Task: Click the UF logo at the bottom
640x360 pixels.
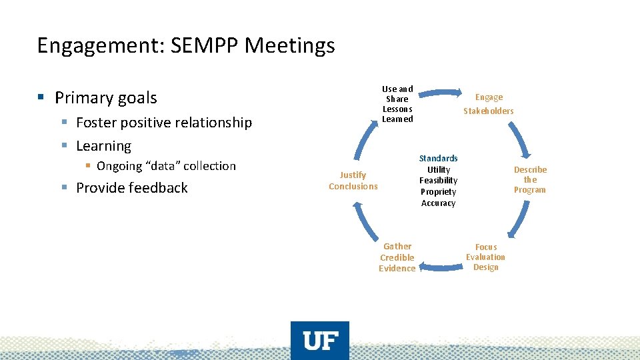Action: point(320,341)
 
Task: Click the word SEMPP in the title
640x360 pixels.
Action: point(208,45)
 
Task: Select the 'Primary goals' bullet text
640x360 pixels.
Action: point(106,98)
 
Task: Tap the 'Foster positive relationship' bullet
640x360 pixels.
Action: point(164,123)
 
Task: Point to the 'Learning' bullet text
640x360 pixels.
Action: point(103,146)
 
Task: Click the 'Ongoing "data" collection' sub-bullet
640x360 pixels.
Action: point(166,166)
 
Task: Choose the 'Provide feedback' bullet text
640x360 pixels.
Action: point(132,188)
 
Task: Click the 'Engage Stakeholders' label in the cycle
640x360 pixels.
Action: point(489,104)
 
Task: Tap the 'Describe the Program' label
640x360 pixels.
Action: point(530,180)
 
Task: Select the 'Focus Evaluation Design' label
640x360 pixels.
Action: point(485,257)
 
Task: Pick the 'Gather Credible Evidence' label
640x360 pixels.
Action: point(397,257)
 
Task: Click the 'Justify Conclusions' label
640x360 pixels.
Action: point(353,181)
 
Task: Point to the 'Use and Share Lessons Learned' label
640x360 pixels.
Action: point(397,104)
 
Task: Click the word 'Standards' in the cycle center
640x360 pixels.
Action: point(438,159)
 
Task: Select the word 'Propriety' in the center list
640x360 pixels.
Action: point(438,192)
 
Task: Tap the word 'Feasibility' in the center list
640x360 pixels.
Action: point(438,181)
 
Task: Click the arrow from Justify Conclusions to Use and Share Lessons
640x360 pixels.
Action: point(363,144)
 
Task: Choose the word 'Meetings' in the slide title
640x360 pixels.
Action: point(291,45)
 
